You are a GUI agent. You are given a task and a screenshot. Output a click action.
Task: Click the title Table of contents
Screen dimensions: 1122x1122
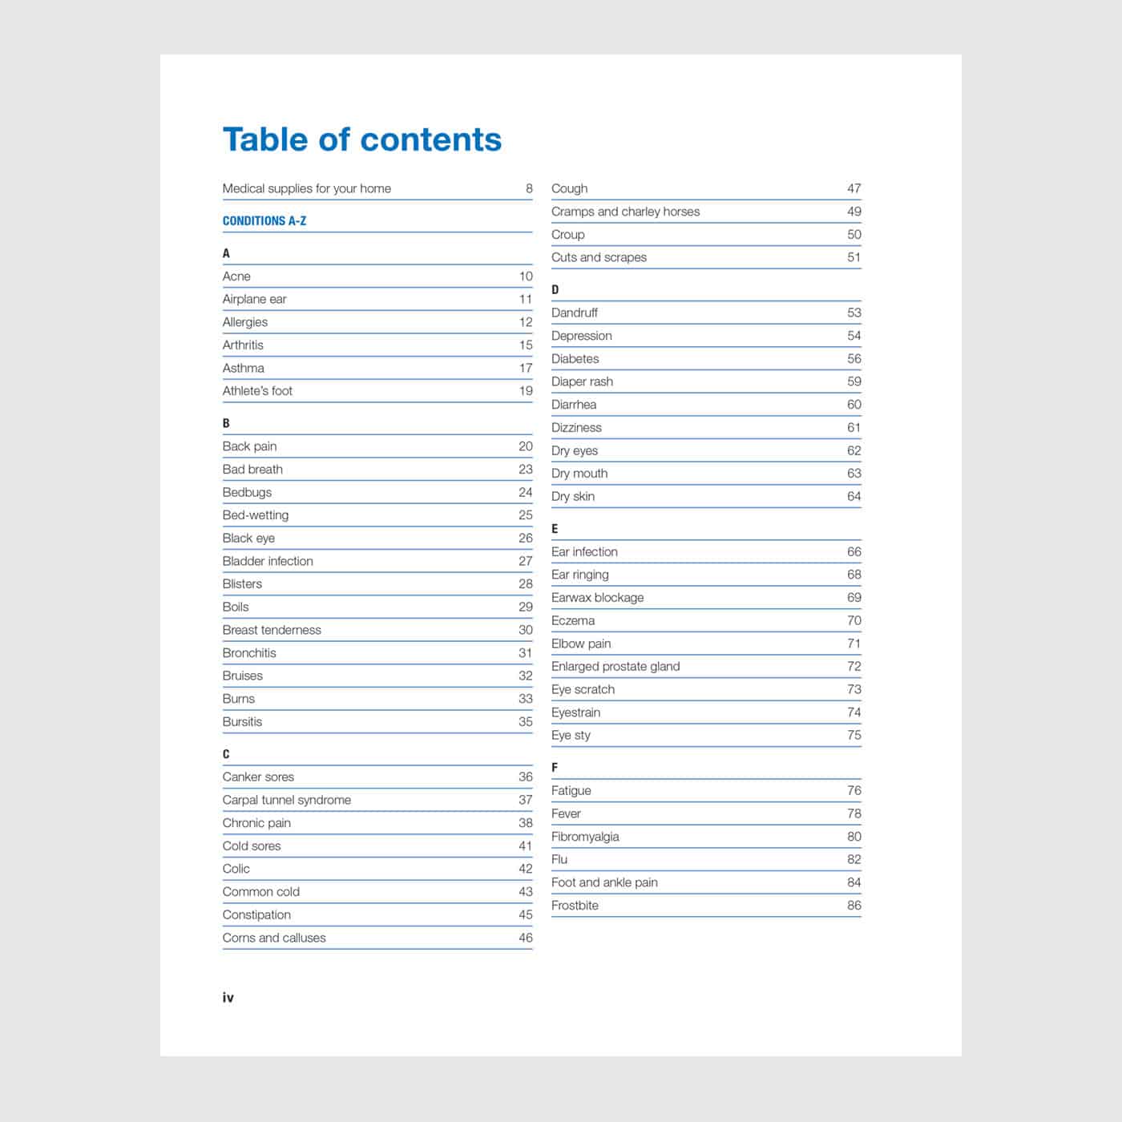point(362,139)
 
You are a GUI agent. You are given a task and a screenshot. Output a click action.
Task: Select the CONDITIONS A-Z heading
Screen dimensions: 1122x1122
point(264,220)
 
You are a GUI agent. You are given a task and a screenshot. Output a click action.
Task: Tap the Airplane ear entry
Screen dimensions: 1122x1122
point(254,299)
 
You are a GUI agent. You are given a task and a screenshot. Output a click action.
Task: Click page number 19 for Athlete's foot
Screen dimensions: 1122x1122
point(526,391)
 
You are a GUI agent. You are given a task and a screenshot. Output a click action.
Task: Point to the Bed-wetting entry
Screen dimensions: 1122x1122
point(256,515)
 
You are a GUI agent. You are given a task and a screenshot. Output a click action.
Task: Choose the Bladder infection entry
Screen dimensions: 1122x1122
point(268,561)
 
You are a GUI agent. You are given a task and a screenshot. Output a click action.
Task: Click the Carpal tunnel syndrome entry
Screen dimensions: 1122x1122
point(287,800)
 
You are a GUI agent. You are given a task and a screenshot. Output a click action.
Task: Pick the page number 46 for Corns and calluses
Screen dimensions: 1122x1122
point(526,938)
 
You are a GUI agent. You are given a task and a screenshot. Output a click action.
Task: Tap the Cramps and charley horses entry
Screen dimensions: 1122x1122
point(625,212)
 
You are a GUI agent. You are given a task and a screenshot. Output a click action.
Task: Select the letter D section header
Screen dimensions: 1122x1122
point(555,290)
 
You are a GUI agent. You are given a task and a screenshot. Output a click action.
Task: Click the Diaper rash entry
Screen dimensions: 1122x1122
point(582,381)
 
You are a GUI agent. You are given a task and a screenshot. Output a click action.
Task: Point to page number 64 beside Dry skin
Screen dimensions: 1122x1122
point(854,497)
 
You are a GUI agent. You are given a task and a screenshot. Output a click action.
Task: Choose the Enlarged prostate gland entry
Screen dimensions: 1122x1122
point(615,666)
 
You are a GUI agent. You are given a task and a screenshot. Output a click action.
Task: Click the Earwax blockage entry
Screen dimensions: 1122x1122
point(597,598)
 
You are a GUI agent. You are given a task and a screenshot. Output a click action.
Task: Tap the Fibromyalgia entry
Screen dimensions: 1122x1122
point(585,837)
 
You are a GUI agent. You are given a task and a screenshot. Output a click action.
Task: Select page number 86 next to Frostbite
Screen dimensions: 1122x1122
point(854,906)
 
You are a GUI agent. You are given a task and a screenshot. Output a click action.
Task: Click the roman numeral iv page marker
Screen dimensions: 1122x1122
point(228,998)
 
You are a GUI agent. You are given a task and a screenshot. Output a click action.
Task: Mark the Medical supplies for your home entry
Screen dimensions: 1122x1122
point(307,188)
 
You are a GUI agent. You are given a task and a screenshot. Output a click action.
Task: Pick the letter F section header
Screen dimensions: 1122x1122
point(555,768)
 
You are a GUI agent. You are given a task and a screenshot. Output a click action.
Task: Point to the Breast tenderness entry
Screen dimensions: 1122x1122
point(272,630)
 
